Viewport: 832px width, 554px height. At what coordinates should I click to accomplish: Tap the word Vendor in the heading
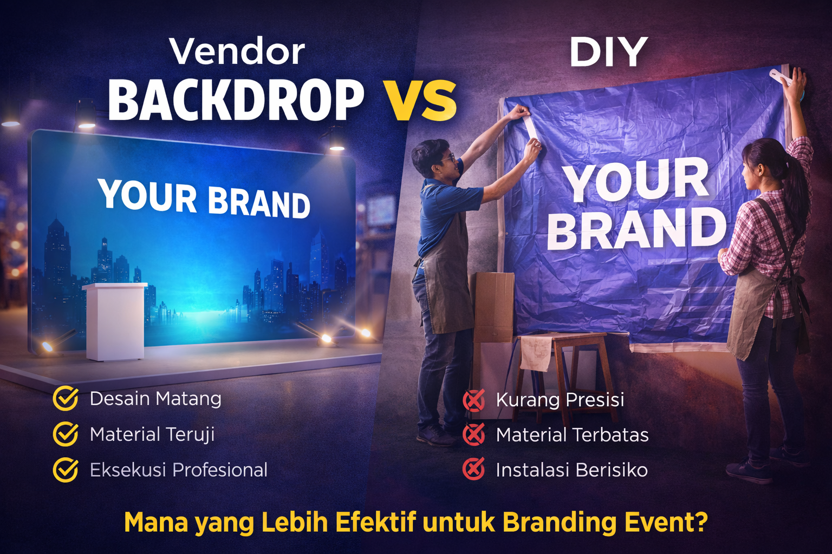pos(237,52)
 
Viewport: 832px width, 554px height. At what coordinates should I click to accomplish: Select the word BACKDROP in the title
pos(236,101)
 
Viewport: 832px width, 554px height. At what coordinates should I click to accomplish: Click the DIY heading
pos(608,52)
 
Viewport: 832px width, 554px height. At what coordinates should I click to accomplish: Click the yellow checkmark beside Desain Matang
pos(66,399)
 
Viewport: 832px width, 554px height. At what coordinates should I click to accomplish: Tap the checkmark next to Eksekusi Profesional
pos(66,470)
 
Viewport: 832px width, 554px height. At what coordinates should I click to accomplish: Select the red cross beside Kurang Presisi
pos(474,400)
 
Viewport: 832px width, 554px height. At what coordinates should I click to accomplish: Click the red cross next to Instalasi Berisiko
pos(474,469)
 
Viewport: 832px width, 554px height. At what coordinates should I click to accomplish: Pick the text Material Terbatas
pos(572,435)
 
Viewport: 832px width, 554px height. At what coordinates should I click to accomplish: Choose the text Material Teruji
pos(152,434)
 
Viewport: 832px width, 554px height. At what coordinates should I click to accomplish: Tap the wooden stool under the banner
pos(563,373)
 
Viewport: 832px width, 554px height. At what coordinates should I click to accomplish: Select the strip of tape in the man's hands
pos(529,128)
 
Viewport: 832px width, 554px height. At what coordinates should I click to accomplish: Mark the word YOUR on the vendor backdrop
pos(147,195)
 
